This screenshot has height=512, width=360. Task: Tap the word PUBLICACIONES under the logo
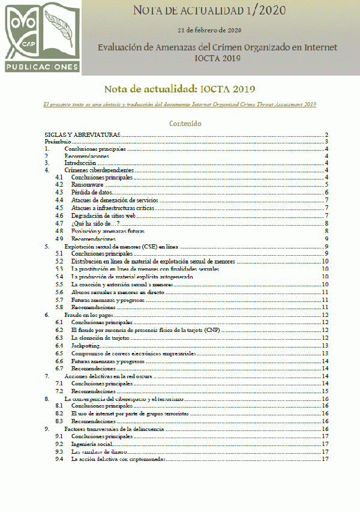coord(41,66)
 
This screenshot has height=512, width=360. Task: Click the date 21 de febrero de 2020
coord(209,29)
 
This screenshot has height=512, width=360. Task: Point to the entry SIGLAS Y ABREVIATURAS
coord(83,135)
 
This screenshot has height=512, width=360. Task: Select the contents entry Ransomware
coord(87,185)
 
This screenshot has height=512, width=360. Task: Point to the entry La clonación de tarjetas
coord(100,338)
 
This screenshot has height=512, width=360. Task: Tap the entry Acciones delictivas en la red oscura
coord(107,376)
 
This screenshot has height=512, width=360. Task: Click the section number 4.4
coord(59,200)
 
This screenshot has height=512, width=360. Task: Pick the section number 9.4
coord(59,459)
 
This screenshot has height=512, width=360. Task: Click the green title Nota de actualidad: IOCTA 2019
coord(172,89)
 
